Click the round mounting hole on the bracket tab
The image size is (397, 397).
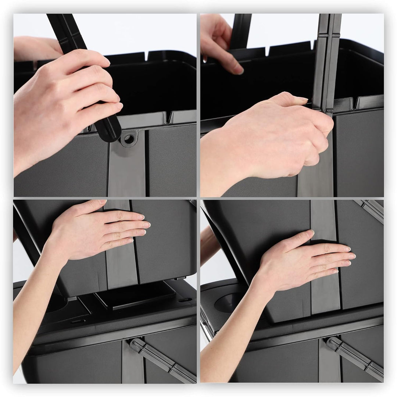[129, 139]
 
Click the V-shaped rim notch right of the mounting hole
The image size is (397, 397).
[169, 118]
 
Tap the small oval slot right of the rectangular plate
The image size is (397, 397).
[185, 300]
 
